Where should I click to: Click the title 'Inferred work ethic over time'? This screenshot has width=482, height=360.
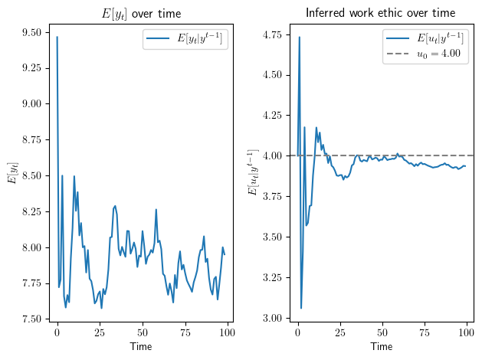[x=380, y=13]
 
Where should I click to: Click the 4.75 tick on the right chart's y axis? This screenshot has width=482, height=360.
[x=271, y=34]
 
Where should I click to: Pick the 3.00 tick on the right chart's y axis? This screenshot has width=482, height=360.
[x=271, y=318]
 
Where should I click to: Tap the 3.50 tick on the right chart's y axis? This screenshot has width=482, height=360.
[x=271, y=237]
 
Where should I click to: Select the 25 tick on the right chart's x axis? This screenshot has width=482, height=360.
[x=340, y=335]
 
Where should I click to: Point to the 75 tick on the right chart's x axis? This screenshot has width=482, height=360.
[x=425, y=335]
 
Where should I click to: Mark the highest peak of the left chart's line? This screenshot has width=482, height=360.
[x=57, y=37]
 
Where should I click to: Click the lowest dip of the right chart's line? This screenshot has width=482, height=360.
[x=301, y=308]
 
